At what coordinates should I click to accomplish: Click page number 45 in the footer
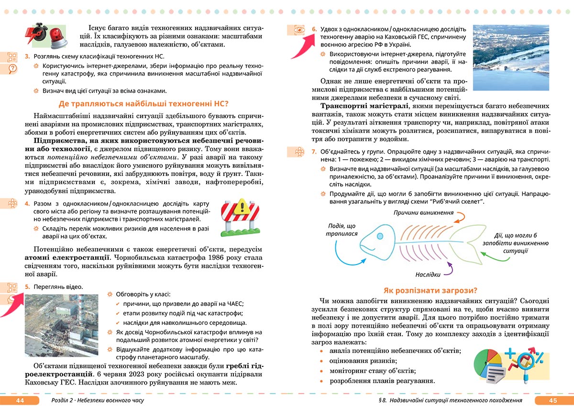pyautogui.click(x=553, y=400)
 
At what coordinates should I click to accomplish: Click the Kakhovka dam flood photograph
pyautogui.click(x=510, y=57)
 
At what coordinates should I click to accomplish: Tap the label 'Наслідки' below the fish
pyautogui.click(x=428, y=275)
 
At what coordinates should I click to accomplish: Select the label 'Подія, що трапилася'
pyautogui.click(x=342, y=230)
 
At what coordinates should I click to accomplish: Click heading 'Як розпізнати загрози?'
pyautogui.click(x=430, y=290)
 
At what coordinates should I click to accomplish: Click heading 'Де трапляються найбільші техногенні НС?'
pyautogui.click(x=143, y=104)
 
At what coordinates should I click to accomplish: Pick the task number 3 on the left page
pyautogui.click(x=27, y=56)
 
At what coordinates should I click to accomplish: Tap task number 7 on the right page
pyautogui.click(x=314, y=151)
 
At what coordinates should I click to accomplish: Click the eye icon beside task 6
pyautogui.click(x=299, y=30)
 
